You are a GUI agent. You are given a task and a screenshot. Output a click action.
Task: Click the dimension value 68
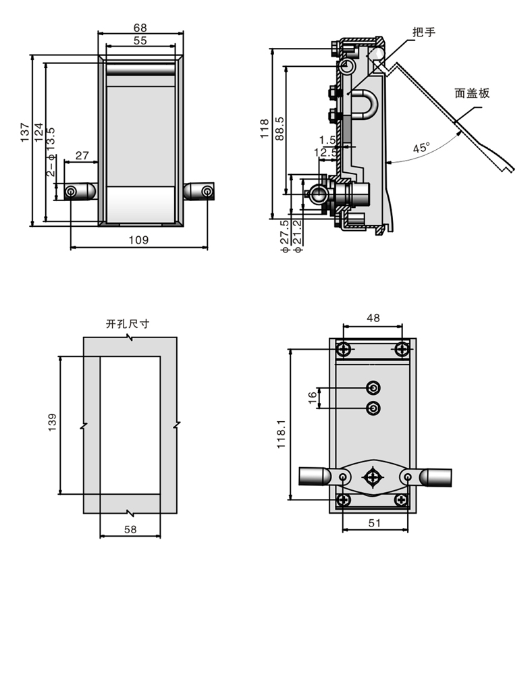pyautogui.click(x=140, y=28)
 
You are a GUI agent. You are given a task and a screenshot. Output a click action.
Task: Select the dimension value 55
pyautogui.click(x=140, y=40)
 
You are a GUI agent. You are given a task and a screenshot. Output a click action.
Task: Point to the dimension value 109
pyautogui.click(x=138, y=240)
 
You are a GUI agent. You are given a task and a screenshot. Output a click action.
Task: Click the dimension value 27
pyautogui.click(x=82, y=156)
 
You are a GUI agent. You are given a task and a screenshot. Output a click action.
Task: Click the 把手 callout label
pyautogui.click(x=424, y=32)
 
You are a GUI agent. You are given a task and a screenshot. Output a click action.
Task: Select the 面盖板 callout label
pyautogui.click(x=472, y=93)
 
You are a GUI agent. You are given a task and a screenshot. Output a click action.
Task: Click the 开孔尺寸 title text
pyautogui.click(x=128, y=323)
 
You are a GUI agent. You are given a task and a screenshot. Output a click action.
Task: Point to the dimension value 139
pyautogui.click(x=53, y=423)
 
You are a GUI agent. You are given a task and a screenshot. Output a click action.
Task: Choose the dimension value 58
pyautogui.click(x=130, y=530)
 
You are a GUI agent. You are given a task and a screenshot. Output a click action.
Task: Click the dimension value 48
pyautogui.click(x=373, y=317)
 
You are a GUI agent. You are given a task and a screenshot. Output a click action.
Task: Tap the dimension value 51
pyautogui.click(x=375, y=522)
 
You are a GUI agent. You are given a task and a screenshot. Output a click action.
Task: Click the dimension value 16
pyautogui.click(x=312, y=398)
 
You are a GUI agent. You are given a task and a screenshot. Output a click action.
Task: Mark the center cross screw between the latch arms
pyautogui.click(x=373, y=477)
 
